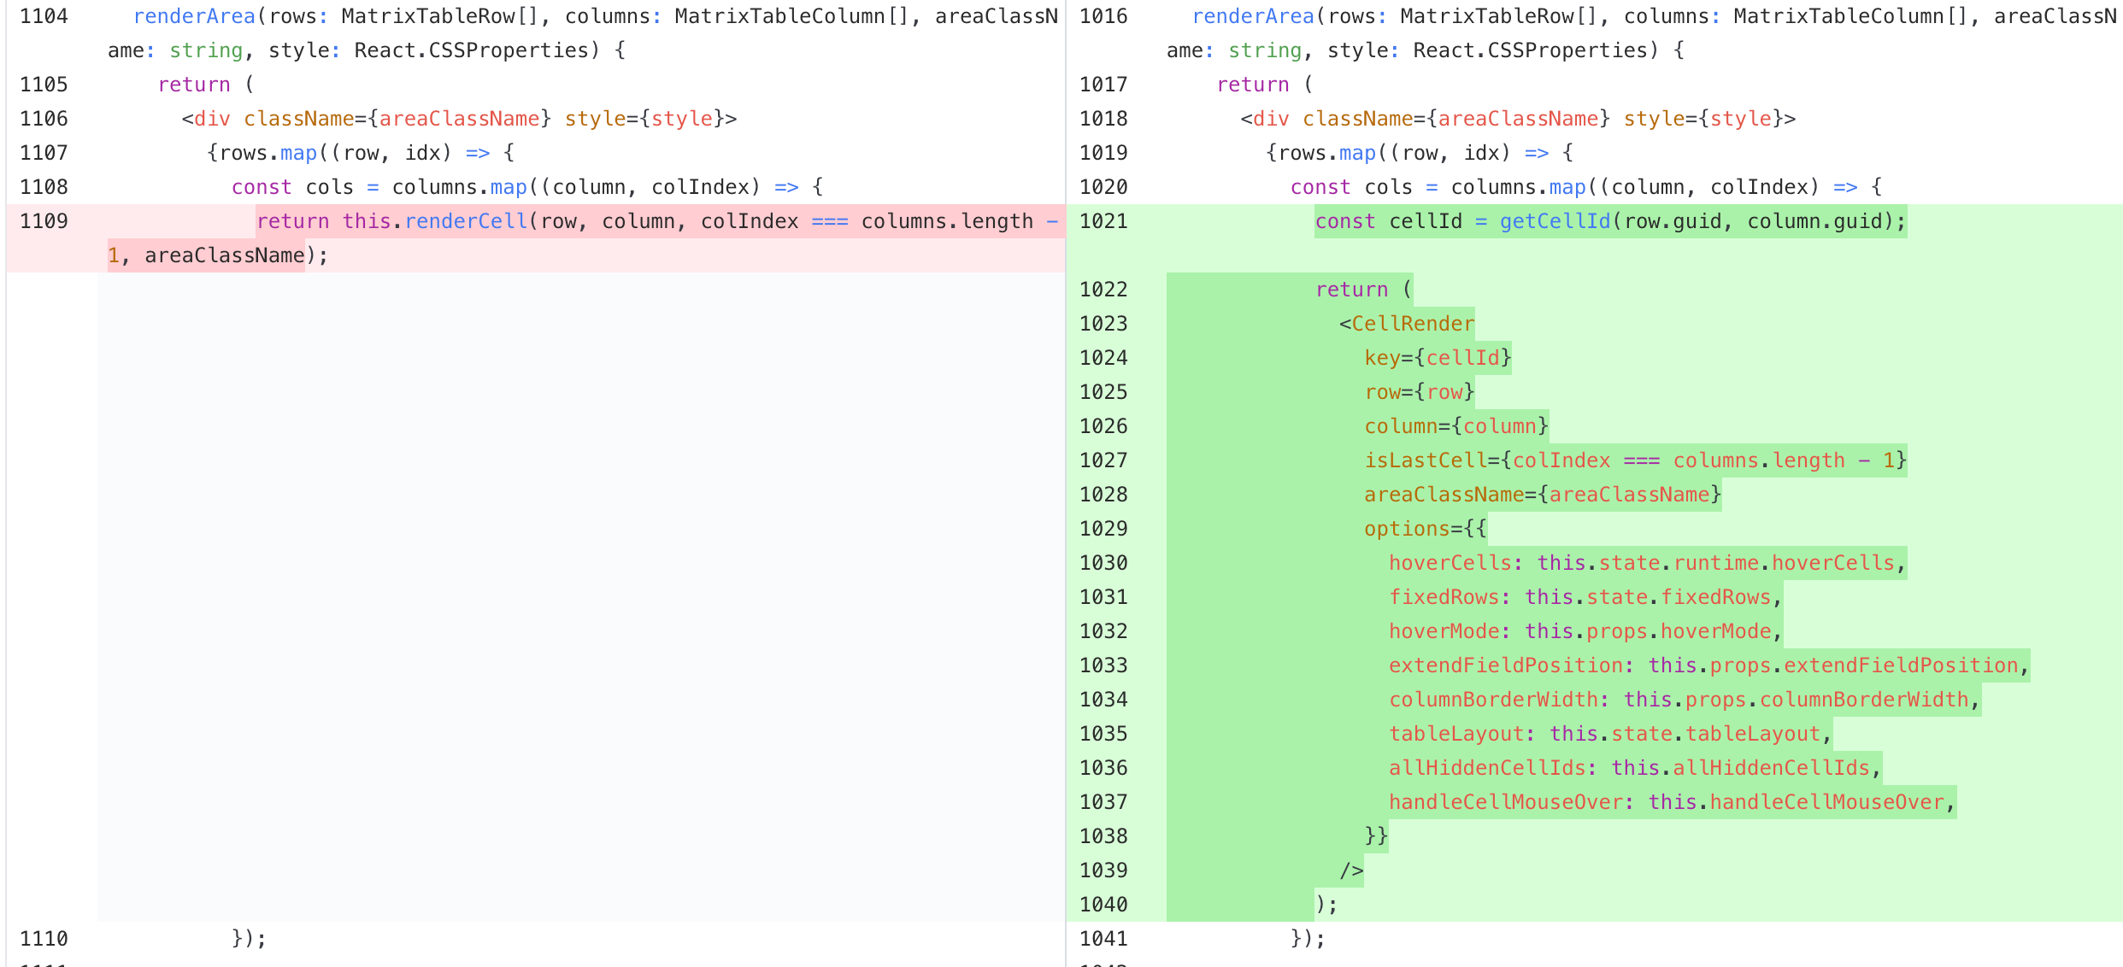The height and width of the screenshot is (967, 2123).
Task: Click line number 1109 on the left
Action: click(44, 221)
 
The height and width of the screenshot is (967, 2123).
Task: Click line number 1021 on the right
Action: click(1103, 221)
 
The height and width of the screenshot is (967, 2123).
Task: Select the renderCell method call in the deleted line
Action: click(466, 221)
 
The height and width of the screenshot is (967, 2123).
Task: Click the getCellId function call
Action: click(1555, 221)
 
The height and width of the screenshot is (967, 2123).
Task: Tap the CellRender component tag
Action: click(1413, 324)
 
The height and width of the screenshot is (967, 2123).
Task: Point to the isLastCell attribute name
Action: click(1426, 460)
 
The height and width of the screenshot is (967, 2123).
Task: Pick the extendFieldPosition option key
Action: click(1506, 665)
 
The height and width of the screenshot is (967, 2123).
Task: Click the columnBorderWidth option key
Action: click(1493, 700)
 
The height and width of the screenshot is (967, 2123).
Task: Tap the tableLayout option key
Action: click(1456, 734)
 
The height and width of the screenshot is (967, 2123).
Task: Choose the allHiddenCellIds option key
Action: click(1487, 768)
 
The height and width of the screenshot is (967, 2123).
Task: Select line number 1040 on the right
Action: click(1103, 905)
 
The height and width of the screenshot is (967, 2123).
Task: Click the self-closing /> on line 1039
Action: click(1351, 870)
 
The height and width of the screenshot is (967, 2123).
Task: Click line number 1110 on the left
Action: click(44, 939)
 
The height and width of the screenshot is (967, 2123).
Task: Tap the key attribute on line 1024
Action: click(1382, 358)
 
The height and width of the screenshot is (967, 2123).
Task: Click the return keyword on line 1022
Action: click(1351, 290)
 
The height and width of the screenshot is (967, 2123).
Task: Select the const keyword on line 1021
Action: click(1345, 221)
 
